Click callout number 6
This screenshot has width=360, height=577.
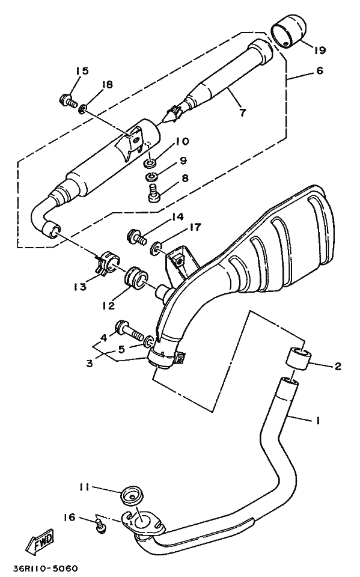pyautogui.click(x=319, y=70)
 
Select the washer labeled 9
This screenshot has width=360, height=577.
pyautogui.click(x=151, y=177)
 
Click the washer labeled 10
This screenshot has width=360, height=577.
pyautogui.click(x=150, y=163)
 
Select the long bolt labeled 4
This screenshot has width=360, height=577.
pyautogui.click(x=130, y=331)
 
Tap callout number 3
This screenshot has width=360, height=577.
pyautogui.click(x=90, y=363)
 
